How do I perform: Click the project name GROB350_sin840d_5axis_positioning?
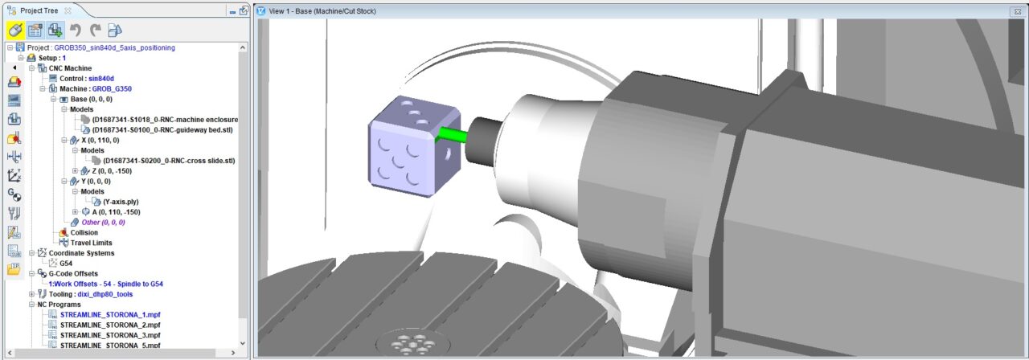point(114,47)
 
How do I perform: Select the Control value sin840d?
point(101,79)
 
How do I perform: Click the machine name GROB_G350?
point(112,88)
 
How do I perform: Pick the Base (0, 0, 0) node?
point(92,99)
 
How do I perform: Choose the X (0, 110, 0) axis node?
point(100,140)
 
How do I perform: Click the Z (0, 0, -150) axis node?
point(112,171)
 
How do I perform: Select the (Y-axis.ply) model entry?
point(121,202)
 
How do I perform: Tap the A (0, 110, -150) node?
point(116,212)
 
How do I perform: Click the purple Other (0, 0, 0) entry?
point(104,223)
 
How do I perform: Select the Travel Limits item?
point(91,243)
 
